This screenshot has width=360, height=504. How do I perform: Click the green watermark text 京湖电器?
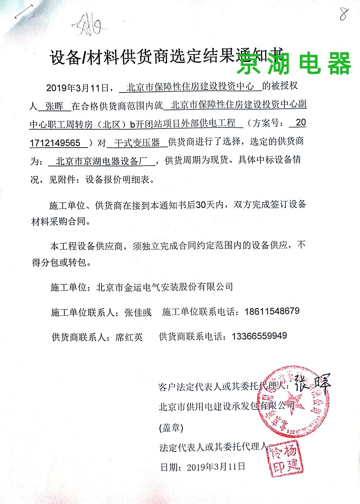coord(294,63)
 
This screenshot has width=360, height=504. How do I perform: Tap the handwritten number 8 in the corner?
coord(344,14)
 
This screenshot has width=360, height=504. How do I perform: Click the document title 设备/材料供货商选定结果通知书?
coord(166,57)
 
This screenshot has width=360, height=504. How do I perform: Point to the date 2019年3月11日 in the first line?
coord(77,88)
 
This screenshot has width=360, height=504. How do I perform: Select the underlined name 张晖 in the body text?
coord(55,106)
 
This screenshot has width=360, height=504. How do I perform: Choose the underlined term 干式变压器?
coord(137,143)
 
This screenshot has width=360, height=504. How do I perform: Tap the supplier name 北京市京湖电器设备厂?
coord(102,161)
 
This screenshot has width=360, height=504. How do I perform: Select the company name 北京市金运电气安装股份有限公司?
coord(165,287)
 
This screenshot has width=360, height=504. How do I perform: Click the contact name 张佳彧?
coord(138,312)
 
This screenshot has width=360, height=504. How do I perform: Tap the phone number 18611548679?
coord(272,311)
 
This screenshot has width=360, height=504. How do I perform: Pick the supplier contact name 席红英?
coord(129,337)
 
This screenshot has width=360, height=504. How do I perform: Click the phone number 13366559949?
coord(260,336)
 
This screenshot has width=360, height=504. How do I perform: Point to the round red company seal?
coord(293,401)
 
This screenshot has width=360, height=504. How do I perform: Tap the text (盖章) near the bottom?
coord(171,428)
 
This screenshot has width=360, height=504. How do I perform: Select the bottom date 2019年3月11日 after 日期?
coord(216,467)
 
